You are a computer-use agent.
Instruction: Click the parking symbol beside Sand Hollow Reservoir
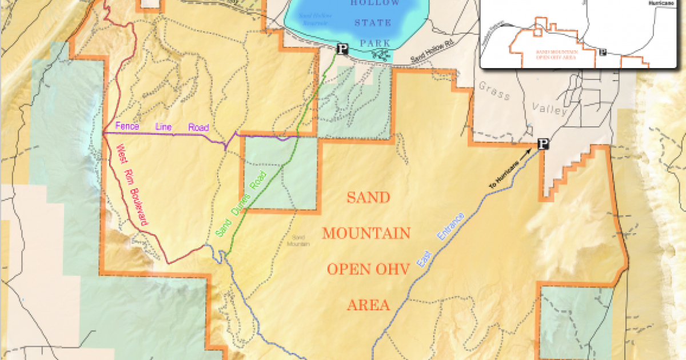pos(342,49)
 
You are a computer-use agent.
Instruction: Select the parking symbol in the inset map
pos(602,52)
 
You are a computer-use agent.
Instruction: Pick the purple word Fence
pos(127,126)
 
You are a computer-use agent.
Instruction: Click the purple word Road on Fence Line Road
pos(198,128)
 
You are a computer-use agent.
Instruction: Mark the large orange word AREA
pos(368,305)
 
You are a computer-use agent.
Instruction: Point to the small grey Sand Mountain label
pos(298,240)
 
